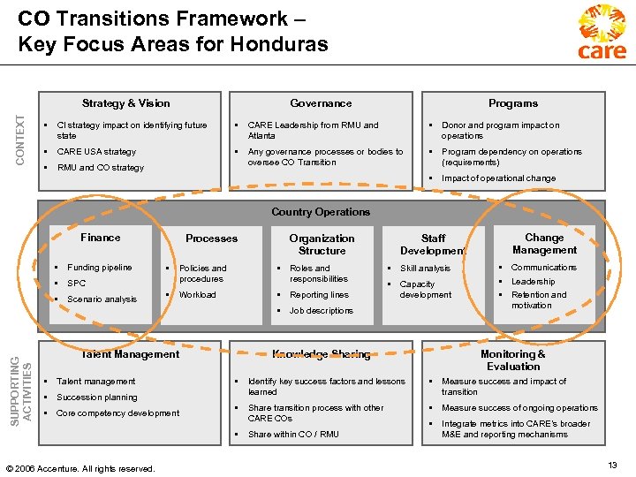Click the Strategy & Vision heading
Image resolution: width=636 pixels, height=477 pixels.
125,103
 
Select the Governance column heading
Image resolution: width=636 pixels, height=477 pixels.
321,103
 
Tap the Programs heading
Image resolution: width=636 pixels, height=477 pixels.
513,103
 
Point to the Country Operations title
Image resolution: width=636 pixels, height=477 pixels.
321,212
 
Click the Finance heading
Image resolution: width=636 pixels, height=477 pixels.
100,238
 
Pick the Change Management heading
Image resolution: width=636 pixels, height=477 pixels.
544,244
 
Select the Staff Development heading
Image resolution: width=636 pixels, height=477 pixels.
433,245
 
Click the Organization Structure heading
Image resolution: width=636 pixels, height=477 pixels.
322,245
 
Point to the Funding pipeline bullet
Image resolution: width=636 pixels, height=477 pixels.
99,268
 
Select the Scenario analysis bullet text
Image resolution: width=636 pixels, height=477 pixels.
102,299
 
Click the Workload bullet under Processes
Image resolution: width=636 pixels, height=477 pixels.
197,295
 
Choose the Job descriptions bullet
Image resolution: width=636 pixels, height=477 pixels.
321,311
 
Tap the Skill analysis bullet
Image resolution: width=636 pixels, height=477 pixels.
425,269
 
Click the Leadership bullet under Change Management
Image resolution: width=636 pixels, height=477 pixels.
533,282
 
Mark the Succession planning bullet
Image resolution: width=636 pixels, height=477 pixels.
96,397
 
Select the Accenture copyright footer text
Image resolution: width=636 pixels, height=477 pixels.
79,468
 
